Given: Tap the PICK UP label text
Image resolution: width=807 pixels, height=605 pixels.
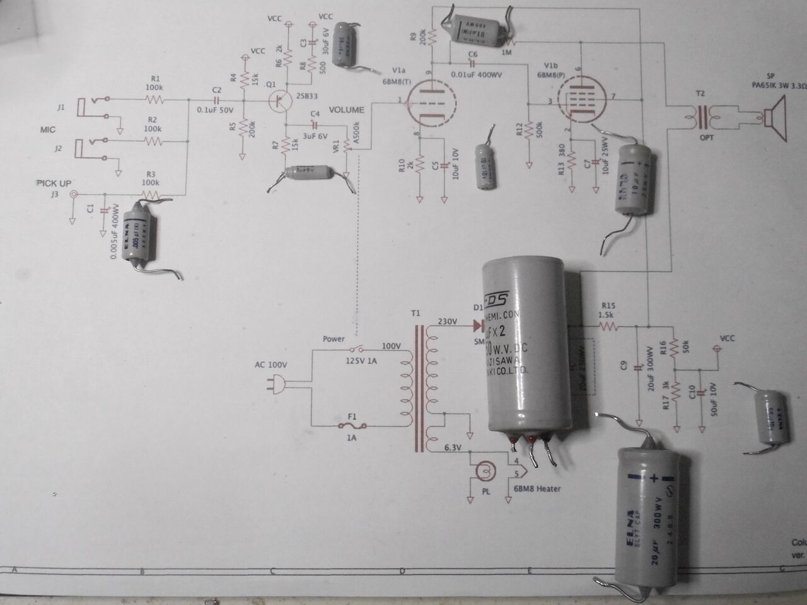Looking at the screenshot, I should [x=54, y=183].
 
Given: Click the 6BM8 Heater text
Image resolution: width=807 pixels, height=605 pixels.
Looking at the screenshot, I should [x=537, y=488].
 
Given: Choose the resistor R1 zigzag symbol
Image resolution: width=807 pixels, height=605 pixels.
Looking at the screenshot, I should [x=154, y=100].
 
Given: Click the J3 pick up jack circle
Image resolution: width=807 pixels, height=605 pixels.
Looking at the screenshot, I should [x=74, y=195].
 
